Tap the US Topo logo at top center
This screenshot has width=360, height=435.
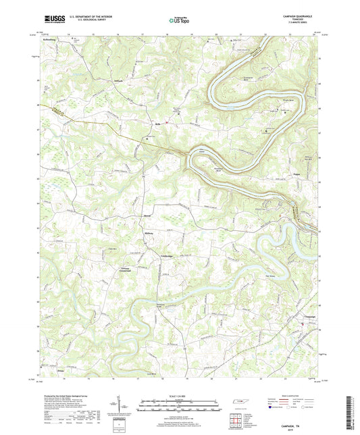pyautogui.click(x=179, y=21)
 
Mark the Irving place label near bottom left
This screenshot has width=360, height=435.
pyautogui.click(x=61, y=371)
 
